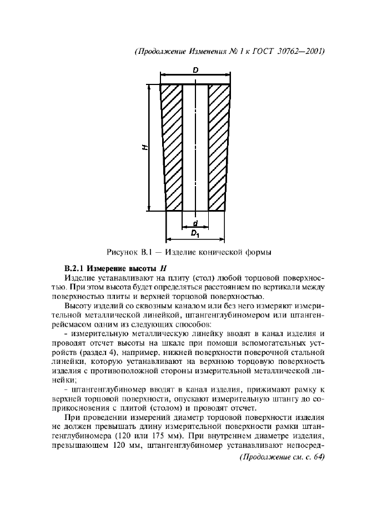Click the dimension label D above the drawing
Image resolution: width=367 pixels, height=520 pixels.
[x=196, y=71]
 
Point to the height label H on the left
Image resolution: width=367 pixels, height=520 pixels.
[x=144, y=147]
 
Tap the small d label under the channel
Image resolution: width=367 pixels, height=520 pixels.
[x=195, y=223]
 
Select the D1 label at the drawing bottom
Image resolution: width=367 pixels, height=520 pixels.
[x=195, y=234]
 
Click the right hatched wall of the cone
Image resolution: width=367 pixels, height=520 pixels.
[x=218, y=147]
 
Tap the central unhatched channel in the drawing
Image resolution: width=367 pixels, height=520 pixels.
[x=195, y=147]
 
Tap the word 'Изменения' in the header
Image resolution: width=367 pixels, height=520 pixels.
[x=202, y=51]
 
